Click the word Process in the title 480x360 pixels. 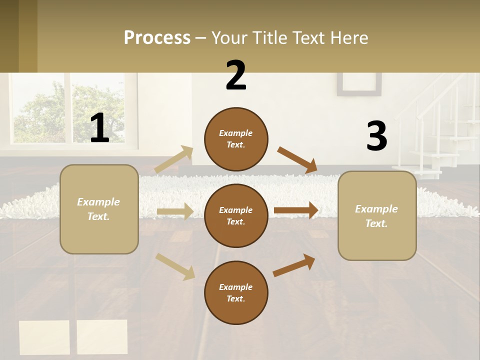click(157, 38)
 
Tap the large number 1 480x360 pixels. click(100, 128)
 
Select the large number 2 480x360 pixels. click(236, 75)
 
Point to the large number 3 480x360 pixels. click(376, 136)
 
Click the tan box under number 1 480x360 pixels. click(99, 209)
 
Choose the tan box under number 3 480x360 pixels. click(377, 216)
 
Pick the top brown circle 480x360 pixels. click(236, 139)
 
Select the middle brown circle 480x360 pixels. click(236, 215)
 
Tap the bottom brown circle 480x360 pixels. click(236, 292)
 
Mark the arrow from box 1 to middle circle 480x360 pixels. click(175, 211)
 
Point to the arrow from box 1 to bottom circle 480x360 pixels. click(175, 266)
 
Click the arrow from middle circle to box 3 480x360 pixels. click(296, 210)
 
